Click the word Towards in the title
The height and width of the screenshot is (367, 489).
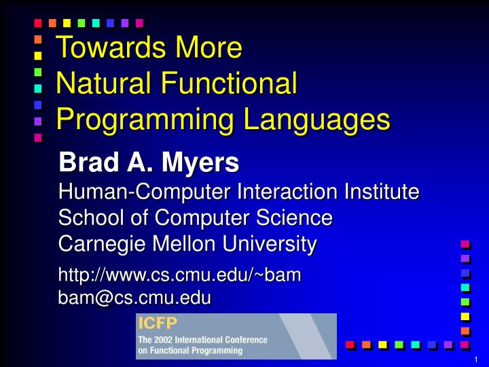click(x=101, y=48)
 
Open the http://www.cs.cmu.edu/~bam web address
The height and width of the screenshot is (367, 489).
click(x=180, y=275)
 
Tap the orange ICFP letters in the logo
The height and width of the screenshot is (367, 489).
click(x=153, y=323)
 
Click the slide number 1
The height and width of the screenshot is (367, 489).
click(x=477, y=360)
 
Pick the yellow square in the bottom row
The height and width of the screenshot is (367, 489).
click(x=383, y=345)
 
